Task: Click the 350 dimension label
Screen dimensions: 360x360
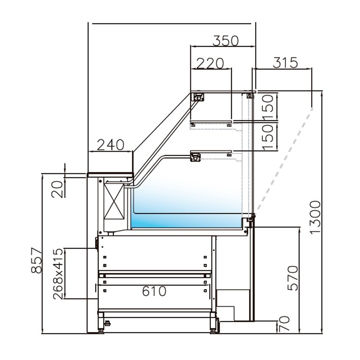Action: click(x=225, y=41)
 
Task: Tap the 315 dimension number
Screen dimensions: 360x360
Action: click(x=285, y=62)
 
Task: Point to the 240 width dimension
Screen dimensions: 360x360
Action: click(x=110, y=145)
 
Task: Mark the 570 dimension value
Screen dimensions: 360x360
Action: click(x=293, y=278)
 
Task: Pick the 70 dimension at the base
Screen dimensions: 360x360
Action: click(x=284, y=324)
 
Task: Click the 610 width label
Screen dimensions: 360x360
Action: click(x=154, y=291)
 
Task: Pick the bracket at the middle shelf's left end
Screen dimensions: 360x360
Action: click(x=195, y=157)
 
